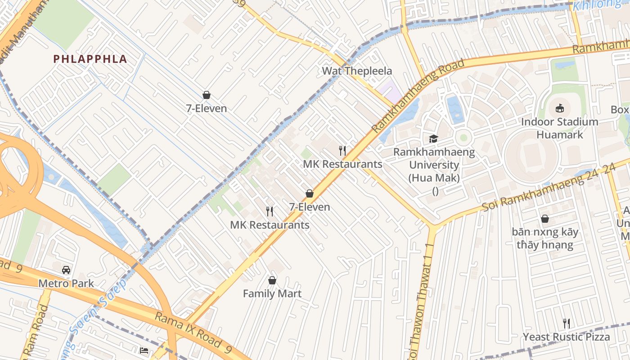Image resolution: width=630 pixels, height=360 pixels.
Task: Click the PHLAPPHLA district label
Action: click(90, 59)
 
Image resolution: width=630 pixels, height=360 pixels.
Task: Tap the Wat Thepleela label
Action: click(357, 71)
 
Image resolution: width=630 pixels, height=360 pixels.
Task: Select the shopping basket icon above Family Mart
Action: click(272, 280)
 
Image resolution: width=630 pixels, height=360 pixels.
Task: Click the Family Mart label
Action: click(272, 294)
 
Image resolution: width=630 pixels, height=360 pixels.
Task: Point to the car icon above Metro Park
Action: click(66, 270)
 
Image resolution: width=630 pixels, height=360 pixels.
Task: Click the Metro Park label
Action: click(66, 283)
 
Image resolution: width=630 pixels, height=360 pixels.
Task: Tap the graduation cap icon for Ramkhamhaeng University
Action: click(433, 139)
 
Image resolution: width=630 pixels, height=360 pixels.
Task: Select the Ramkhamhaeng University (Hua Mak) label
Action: click(434, 165)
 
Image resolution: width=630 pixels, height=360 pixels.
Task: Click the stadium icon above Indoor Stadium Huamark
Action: click(559, 108)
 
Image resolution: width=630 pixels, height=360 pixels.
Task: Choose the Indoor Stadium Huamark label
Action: click(559, 128)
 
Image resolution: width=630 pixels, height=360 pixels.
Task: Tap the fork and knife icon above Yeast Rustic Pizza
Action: click(567, 323)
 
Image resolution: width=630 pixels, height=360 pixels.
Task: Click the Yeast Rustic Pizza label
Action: click(567, 337)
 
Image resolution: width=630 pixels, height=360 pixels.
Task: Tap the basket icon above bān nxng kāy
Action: click(545, 219)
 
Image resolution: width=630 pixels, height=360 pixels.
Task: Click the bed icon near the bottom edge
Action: click(144, 350)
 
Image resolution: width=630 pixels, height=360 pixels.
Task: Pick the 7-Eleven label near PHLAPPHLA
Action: click(207, 108)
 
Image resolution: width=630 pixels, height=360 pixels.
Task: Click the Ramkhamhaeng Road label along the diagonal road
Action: click(418, 95)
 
